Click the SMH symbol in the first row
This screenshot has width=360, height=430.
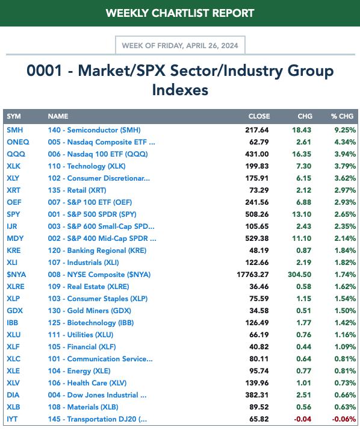pos(15,130)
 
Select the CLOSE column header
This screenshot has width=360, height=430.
pos(259,116)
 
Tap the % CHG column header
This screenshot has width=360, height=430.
pos(342,116)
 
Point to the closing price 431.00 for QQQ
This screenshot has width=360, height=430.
pos(257,154)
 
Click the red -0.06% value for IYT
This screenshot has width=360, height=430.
pos(344,419)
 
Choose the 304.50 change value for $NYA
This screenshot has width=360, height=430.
pos(299,275)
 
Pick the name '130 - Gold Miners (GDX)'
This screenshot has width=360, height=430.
pos(89,311)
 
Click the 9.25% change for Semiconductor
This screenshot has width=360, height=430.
pos(345,130)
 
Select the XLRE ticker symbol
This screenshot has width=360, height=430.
pos(16,287)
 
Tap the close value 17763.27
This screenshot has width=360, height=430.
pos(253,275)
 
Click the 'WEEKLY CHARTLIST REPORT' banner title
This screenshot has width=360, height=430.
pos(180,13)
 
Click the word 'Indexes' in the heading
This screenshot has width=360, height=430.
pos(180,90)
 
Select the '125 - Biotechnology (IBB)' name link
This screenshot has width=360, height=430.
pos(91,323)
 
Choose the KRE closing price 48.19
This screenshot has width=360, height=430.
pos(259,251)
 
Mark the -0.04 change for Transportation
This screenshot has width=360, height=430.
pos(302,419)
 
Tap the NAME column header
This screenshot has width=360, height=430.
pos(58,116)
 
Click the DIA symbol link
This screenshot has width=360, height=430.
pos(13,395)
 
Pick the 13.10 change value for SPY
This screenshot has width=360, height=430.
pos(302,214)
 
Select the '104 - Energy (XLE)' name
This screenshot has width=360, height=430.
pos(79,371)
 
